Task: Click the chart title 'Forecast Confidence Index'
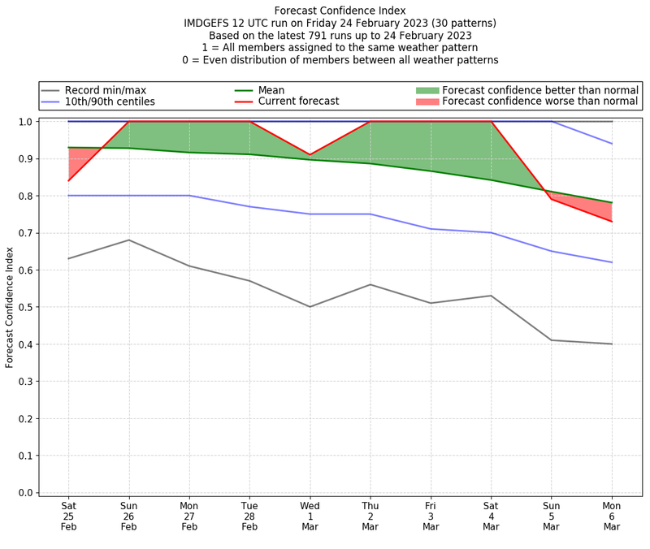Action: click(340, 11)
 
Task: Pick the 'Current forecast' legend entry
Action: click(298, 102)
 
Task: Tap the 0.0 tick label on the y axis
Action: click(25, 493)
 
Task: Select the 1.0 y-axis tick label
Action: click(25, 122)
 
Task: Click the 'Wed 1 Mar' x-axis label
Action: click(310, 515)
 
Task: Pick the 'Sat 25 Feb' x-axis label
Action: click(68, 515)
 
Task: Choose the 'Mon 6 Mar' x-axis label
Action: click(612, 515)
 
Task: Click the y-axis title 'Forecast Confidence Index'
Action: click(10, 307)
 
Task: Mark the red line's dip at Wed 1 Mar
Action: click(310, 154)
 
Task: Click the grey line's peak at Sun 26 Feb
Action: click(128, 240)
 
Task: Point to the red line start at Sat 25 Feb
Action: click(68, 180)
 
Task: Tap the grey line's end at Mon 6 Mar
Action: click(612, 344)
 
